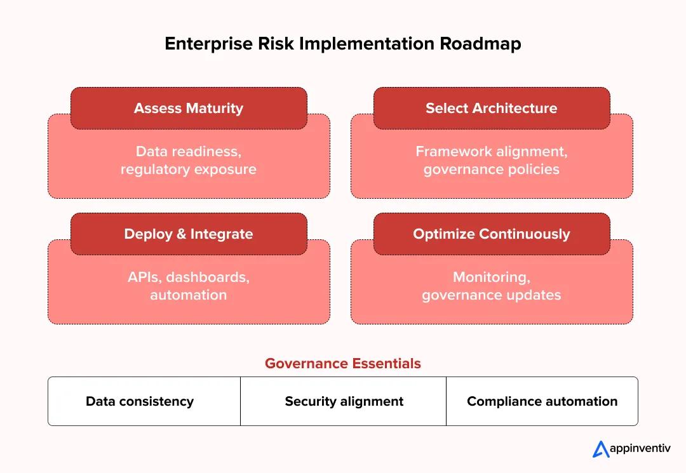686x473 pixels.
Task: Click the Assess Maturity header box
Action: point(189,108)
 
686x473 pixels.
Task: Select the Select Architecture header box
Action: point(492,108)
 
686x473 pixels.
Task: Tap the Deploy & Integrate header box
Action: point(189,234)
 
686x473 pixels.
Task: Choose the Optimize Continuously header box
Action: point(492,234)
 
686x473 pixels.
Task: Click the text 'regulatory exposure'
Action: point(189,170)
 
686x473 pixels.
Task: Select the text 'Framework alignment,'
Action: point(492,152)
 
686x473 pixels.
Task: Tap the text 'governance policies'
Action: point(492,170)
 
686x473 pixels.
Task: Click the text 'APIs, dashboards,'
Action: point(189,277)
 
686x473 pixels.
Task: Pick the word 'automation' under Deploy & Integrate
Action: point(189,295)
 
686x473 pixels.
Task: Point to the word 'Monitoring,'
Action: point(492,277)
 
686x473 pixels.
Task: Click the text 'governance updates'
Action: point(492,295)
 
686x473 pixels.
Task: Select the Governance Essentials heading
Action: point(343,363)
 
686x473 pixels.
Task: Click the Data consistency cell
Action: point(140,401)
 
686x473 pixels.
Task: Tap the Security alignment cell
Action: point(344,401)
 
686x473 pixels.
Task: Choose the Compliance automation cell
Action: point(542,401)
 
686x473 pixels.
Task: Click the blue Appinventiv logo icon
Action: point(601,449)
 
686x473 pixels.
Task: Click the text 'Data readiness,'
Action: point(189,152)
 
